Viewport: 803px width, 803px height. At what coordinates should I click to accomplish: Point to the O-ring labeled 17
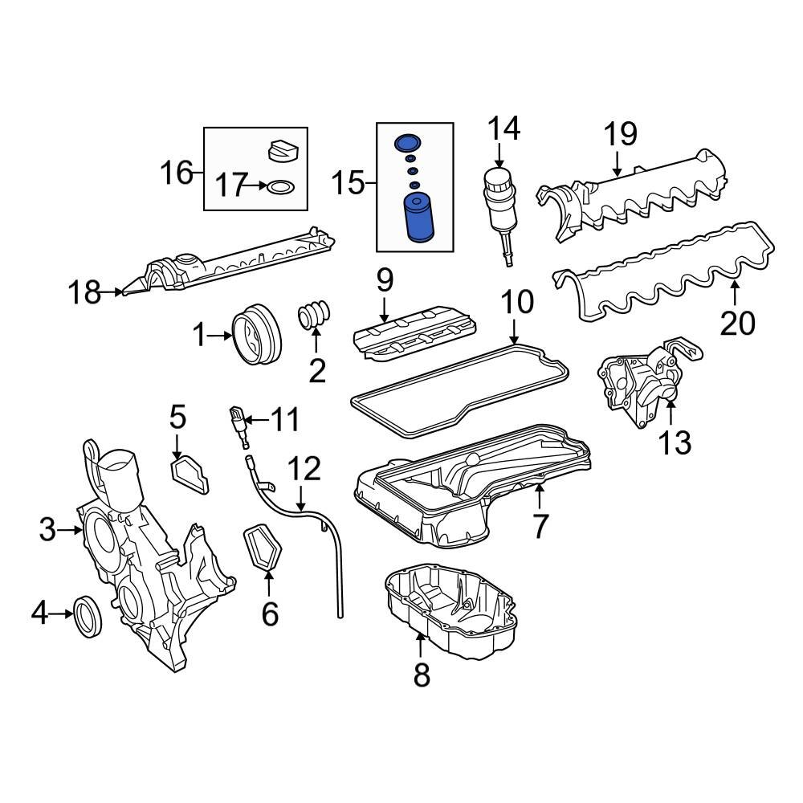pos(279,187)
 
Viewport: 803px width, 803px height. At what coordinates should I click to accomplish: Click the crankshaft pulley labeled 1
pos(256,338)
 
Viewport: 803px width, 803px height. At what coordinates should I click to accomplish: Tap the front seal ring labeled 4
pos(89,616)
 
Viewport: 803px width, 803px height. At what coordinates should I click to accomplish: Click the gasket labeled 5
pos(190,473)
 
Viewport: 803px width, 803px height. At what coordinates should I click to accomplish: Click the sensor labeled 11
pos(238,423)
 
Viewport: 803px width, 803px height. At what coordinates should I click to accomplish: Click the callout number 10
pos(517,303)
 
